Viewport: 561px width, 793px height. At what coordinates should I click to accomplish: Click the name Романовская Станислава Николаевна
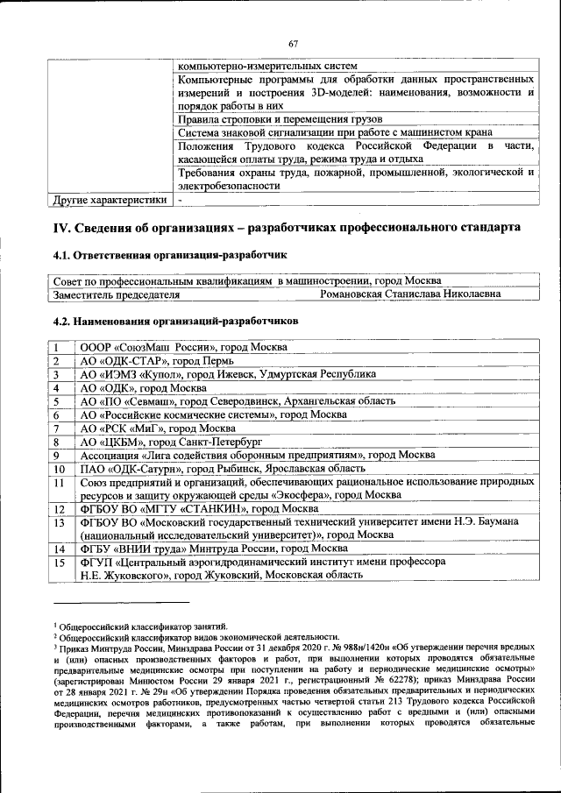coord(410,295)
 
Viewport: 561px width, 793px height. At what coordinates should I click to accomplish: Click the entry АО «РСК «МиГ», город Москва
coord(157,428)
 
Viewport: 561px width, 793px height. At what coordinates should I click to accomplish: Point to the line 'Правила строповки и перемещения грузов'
coord(280,118)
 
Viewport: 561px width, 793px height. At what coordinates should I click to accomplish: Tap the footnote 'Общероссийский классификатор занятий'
coord(143,625)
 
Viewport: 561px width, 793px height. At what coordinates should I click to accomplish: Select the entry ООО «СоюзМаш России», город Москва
coord(182,348)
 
